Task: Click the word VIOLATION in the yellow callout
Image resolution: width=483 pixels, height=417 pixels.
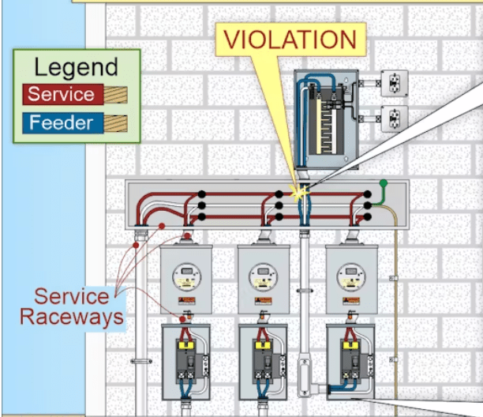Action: (x=290, y=39)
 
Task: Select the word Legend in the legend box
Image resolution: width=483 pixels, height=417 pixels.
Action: (x=76, y=67)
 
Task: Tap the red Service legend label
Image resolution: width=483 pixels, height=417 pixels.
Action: (x=63, y=94)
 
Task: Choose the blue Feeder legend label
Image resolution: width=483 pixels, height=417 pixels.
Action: (x=63, y=122)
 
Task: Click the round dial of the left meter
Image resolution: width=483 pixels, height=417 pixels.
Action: (x=187, y=276)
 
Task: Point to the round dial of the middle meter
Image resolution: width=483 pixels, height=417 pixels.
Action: (x=263, y=276)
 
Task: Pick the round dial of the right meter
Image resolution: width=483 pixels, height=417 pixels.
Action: (x=351, y=276)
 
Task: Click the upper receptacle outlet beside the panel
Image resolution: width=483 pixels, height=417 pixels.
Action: (x=395, y=83)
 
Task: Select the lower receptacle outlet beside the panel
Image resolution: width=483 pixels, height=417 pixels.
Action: (x=395, y=118)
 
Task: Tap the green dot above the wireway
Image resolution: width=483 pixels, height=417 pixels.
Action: (x=384, y=183)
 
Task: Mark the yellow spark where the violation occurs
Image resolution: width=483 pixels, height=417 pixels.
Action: (x=298, y=193)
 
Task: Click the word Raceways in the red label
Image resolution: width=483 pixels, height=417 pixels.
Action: (x=72, y=317)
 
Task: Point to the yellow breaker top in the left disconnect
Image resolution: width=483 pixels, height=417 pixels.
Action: (x=185, y=344)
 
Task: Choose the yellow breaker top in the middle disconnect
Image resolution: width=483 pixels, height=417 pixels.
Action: (x=263, y=344)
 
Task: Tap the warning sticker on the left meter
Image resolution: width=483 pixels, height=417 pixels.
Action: (x=187, y=300)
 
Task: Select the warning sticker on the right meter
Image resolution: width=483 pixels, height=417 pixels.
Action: (x=351, y=300)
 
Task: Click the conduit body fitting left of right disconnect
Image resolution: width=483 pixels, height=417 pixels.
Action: (x=305, y=375)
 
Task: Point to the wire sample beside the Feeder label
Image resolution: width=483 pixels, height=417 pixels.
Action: (x=115, y=123)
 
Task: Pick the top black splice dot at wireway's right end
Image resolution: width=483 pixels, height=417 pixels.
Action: (x=367, y=194)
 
